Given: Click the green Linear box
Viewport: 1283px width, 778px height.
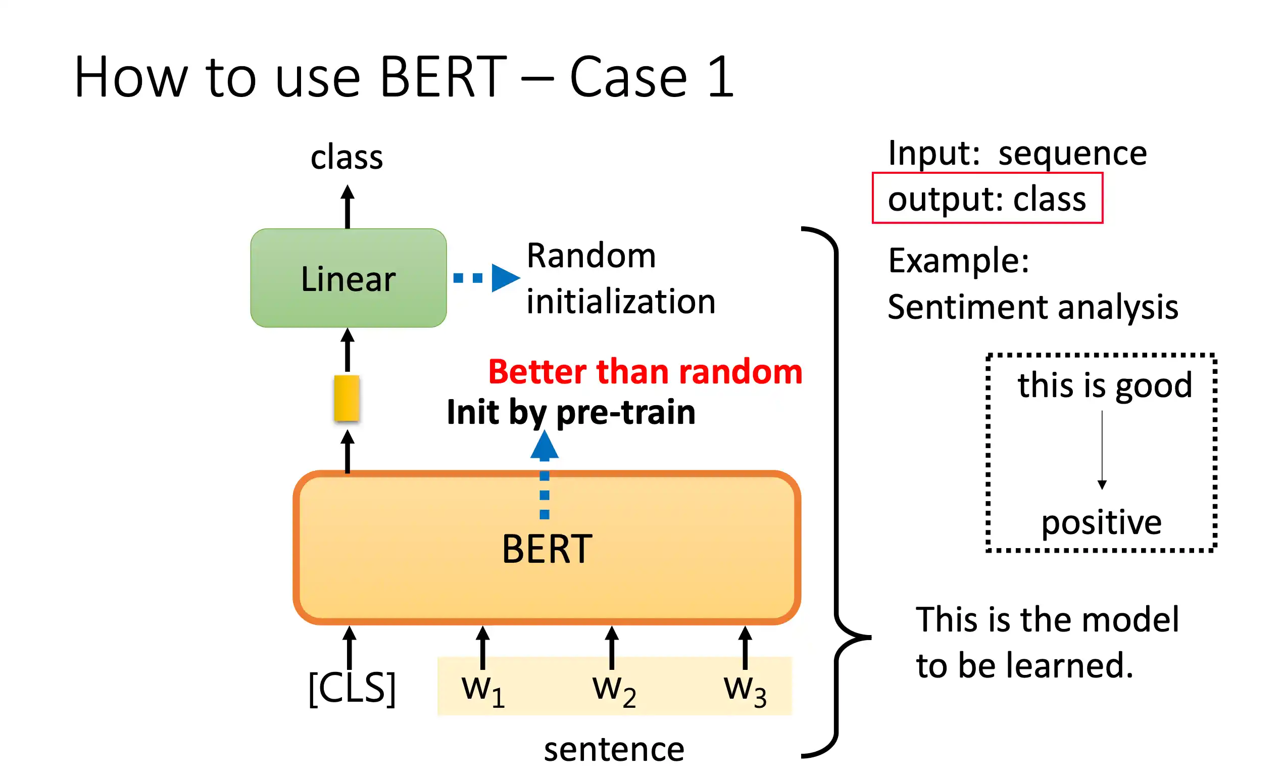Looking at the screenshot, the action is pos(349,277).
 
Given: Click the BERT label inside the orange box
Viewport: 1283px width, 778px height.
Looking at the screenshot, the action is pos(547,549).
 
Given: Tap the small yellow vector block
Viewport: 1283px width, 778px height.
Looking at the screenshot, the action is pos(347,398).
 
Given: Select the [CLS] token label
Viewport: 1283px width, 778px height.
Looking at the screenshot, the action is pos(352,689).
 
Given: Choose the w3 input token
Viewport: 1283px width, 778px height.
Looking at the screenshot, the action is pos(745,691).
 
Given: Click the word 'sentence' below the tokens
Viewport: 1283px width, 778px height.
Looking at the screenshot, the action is pos(614,749).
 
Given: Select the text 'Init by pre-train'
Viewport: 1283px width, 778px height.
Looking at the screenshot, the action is pos(571,412).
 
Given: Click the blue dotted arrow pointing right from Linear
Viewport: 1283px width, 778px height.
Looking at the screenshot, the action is pos(487,277).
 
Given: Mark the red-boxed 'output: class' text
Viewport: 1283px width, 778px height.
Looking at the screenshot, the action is pos(987,199).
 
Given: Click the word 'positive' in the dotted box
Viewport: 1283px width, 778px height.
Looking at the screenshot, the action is pos(1101,523).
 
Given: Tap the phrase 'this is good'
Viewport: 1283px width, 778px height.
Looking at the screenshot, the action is pos(1105,386).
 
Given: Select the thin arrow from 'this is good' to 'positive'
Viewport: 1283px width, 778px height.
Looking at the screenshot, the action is pos(1102,450).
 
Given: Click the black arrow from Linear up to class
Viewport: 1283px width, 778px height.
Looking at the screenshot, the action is pos(348,206).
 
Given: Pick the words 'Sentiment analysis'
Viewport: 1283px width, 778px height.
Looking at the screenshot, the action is pos(1033,307).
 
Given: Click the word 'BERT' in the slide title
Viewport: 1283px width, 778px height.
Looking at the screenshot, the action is pos(443,77).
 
